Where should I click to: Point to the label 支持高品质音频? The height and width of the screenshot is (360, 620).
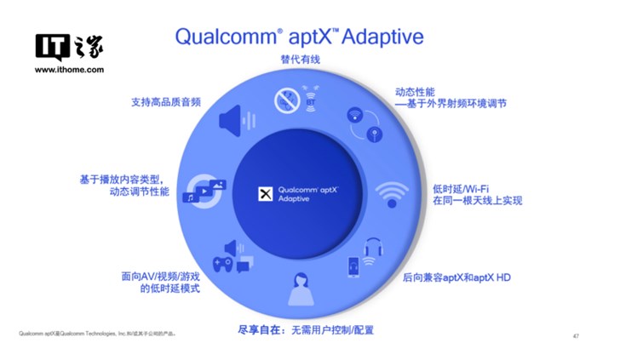click(165, 102)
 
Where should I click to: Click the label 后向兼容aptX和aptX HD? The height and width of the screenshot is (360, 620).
click(456, 277)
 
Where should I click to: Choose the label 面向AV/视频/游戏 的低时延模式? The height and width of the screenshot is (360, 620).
click(159, 283)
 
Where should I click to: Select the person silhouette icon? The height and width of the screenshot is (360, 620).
click(300, 289)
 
